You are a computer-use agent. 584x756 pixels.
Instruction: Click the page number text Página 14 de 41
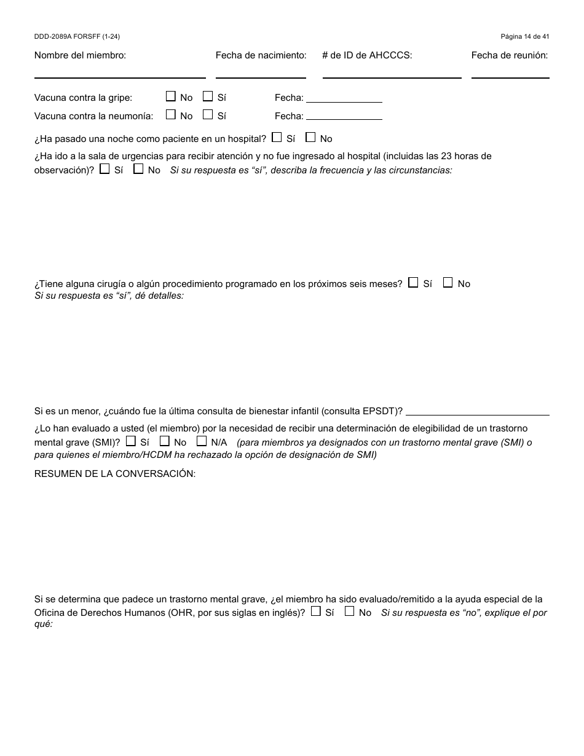[524, 37]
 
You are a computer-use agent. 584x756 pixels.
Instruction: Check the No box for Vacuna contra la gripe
[171, 96]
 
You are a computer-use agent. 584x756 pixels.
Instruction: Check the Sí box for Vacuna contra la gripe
[208, 96]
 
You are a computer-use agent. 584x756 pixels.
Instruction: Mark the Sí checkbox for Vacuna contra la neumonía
[208, 115]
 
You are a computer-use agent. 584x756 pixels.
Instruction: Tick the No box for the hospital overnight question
[310, 138]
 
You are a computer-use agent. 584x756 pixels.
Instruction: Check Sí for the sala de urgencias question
[105, 169]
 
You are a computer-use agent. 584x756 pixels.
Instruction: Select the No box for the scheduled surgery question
[448, 283]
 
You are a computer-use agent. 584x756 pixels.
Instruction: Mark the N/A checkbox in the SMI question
[202, 441]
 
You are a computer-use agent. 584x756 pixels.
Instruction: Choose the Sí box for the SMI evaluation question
[131, 441]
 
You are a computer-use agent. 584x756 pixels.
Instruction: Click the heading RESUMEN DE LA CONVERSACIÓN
[115, 474]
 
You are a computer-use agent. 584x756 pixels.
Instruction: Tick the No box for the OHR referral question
[349, 612]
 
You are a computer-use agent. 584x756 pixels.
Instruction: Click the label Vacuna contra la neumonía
[93, 116]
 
